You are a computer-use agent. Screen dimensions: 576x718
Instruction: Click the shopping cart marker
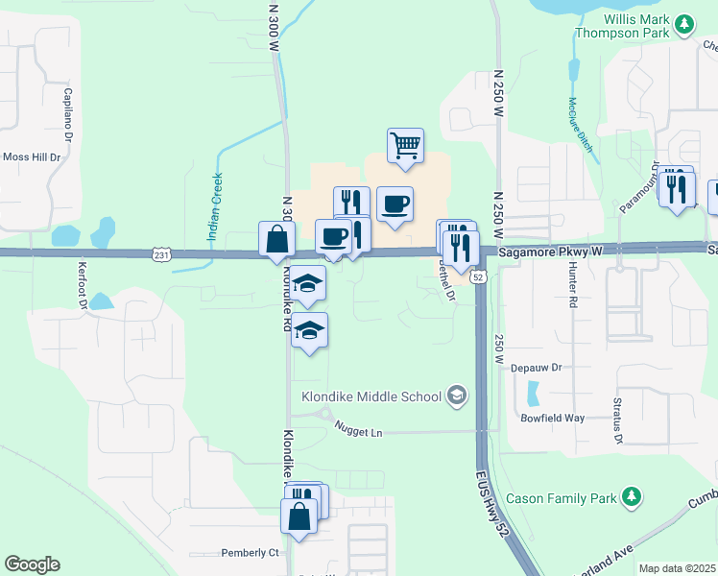click(x=406, y=146)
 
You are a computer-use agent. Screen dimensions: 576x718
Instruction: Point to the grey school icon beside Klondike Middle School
click(x=457, y=396)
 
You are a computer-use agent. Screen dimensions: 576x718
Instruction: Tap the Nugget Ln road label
click(x=358, y=432)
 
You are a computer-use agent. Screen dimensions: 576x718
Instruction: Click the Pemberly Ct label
click(x=250, y=552)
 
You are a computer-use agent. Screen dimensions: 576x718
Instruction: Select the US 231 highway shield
click(x=161, y=253)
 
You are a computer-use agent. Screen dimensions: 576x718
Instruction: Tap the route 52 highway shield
click(x=479, y=276)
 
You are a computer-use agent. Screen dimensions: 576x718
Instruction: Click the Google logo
click(x=32, y=564)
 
